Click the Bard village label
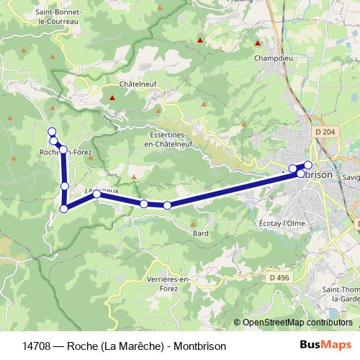tap(200, 233)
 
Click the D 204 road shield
tap(325, 132)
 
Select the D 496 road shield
tap(278, 278)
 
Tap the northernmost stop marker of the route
tap(51, 131)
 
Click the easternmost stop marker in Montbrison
tap(308, 165)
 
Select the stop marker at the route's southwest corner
tap(63, 209)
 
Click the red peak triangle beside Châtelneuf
tap(112, 97)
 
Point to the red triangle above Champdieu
tap(258, 41)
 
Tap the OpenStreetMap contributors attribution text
tap(297, 323)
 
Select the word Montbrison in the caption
tap(200, 346)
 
